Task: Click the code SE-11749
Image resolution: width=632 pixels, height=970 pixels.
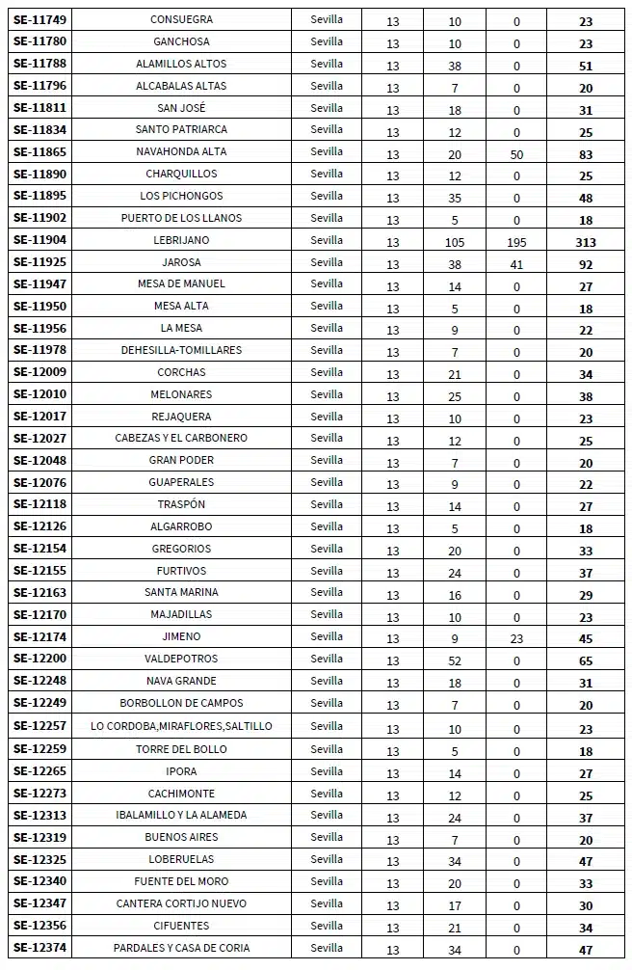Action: (39, 19)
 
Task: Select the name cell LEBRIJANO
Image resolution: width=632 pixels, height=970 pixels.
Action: (181, 240)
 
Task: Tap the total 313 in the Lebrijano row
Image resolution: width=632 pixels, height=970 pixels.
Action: (586, 242)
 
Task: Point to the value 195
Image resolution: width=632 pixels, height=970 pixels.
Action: (516, 242)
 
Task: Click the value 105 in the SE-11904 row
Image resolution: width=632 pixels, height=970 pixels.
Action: (455, 242)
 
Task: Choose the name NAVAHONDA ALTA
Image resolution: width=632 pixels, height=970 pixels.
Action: (181, 151)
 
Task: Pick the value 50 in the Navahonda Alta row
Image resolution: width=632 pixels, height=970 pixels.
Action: (516, 154)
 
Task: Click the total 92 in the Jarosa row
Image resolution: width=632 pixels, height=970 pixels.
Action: (586, 264)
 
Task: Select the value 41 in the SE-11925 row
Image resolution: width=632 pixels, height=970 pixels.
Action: (516, 264)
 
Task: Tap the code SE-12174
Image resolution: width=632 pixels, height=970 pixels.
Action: (39, 637)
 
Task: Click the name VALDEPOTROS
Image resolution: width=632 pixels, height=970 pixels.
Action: (181, 659)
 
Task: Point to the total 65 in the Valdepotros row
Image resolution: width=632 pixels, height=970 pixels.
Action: (586, 661)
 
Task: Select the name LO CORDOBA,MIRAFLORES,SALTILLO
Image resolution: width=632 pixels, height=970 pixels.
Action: (181, 726)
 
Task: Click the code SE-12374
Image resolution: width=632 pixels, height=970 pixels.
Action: (39, 948)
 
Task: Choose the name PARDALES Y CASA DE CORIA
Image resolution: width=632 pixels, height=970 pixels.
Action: (181, 948)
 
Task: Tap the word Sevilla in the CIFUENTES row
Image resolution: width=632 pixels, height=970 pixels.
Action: (327, 925)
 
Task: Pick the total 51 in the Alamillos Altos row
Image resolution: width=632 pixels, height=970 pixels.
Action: (586, 66)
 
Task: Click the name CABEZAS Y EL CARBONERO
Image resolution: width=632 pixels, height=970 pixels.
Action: (181, 438)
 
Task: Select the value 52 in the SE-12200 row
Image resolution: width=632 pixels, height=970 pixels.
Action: (455, 661)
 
